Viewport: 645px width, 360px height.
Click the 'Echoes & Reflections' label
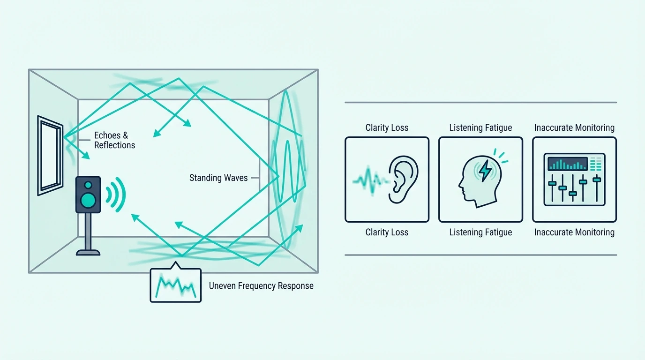click(x=114, y=140)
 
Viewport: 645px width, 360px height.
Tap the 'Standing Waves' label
click(x=218, y=178)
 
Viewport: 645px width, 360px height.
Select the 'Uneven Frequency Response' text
click(x=261, y=285)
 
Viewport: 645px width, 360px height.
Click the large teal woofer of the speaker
click(x=88, y=200)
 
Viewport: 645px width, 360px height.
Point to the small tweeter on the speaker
click(x=89, y=185)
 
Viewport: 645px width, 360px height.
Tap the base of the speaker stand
click(x=88, y=253)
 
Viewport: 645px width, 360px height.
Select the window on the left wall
click(x=50, y=156)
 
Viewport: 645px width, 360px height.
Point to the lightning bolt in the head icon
click(x=486, y=171)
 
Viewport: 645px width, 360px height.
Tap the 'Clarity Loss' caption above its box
click(x=387, y=127)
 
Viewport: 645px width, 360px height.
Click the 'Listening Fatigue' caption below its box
click(x=480, y=232)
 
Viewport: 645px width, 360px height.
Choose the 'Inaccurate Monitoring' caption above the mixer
click(x=575, y=127)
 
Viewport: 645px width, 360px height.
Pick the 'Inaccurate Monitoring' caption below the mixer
click(x=575, y=232)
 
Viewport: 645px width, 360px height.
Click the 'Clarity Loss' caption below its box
click(x=387, y=232)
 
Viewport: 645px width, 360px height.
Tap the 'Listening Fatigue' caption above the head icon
click(x=480, y=127)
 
